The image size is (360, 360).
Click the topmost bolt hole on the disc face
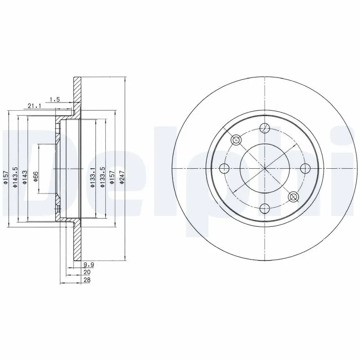[265, 129]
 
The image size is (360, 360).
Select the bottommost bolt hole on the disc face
[265, 207]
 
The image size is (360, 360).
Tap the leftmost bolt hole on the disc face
[225, 168]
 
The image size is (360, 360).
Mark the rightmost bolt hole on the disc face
[305, 168]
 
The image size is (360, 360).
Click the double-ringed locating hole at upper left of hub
[237, 140]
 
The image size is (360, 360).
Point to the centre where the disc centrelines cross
[265, 168]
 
